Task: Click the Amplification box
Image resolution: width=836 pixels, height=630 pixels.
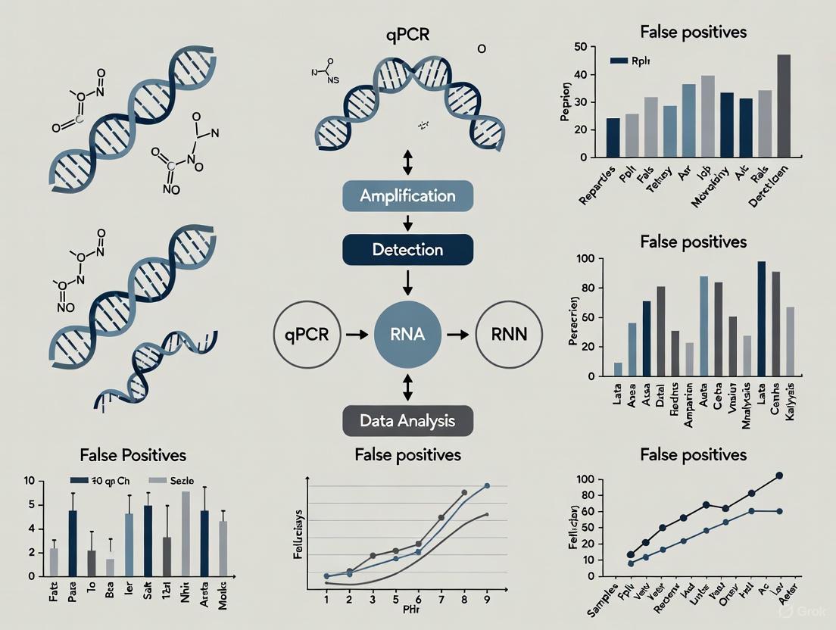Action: coord(407,196)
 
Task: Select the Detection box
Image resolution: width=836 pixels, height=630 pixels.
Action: coord(407,249)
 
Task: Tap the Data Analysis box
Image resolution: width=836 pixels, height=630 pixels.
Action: coord(407,420)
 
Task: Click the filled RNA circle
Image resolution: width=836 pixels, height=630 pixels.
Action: coord(407,334)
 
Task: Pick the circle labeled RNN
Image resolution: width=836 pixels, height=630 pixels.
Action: coord(509,334)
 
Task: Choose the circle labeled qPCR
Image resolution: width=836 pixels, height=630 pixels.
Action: coord(307,334)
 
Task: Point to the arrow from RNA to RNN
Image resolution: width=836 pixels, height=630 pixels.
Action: coord(458,334)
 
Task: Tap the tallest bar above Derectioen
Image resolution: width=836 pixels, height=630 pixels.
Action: coord(784,106)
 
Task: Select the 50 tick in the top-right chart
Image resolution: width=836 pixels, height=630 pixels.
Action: coord(581,47)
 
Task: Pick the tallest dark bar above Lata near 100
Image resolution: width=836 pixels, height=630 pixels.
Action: coord(761,318)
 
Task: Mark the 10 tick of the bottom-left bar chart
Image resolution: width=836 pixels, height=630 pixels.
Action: coord(30,481)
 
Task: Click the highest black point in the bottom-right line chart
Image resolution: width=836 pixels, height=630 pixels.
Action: coord(779,476)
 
